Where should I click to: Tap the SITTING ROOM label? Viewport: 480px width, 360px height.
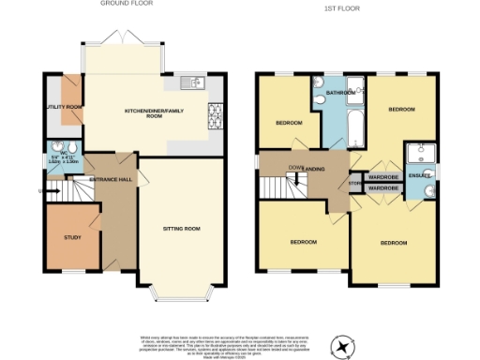[x=182, y=227]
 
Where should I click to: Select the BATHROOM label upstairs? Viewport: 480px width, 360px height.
[x=340, y=94]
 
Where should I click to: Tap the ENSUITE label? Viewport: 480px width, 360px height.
[x=420, y=175]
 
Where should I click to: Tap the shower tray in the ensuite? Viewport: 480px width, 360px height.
[x=419, y=154]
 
